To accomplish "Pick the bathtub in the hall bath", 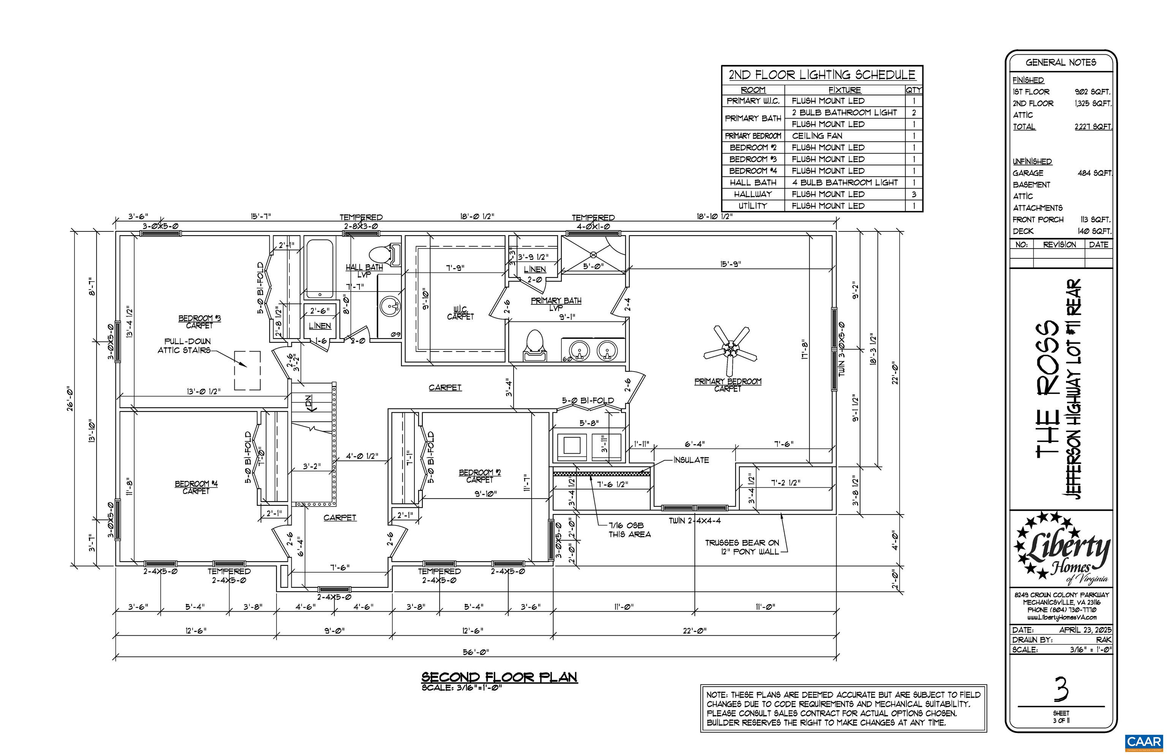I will point(319,269).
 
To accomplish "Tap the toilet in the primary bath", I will point(534,345).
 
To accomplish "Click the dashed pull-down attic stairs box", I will point(247,370).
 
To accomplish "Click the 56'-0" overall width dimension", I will point(476,652).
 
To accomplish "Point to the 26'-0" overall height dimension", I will point(71,399).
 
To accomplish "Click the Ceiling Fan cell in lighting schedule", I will point(817,136).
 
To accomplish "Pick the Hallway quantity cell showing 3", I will point(914,194).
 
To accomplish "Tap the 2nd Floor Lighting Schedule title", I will point(822,75).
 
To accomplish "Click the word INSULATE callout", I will point(691,460).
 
